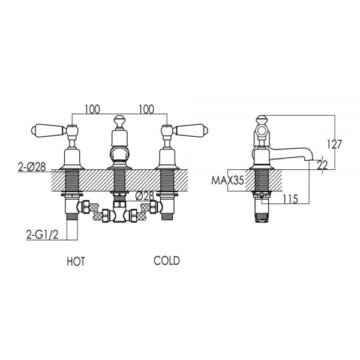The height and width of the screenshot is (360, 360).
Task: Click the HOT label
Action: point(76,262)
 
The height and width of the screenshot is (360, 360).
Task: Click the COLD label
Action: point(167,261)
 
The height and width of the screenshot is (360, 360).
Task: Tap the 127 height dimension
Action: point(335,144)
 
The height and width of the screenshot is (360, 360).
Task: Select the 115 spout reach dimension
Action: point(290,199)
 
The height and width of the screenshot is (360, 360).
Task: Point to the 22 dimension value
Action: point(322,165)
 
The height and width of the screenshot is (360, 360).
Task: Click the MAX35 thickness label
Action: point(227,181)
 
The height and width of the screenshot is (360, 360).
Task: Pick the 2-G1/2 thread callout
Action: point(43,235)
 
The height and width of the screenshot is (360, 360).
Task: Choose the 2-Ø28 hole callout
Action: point(32,167)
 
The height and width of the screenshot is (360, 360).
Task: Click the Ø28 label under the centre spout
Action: point(145,196)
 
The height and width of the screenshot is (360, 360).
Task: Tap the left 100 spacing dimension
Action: point(92,109)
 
